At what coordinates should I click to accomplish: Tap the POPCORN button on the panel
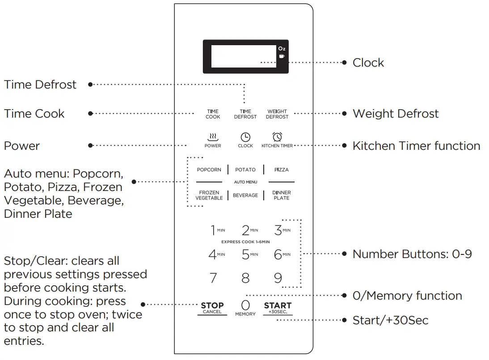coord(209,170)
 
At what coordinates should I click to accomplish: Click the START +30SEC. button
coord(278,308)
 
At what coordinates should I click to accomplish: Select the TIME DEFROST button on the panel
coord(245,114)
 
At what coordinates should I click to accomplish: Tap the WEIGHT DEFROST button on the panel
coord(277,114)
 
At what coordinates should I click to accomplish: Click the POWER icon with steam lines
coord(213,137)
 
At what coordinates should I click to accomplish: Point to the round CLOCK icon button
coord(245,137)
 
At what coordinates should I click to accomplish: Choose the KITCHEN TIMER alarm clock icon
coord(277,137)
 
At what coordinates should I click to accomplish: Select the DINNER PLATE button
coord(282,195)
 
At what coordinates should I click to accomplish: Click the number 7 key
coord(213,278)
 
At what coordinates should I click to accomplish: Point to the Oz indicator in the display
coord(282,49)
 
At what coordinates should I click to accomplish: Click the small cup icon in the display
coord(282,56)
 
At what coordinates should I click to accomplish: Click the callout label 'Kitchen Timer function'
coord(416,146)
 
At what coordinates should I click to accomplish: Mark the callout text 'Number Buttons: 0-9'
coord(412,254)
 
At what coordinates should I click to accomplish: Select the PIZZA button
coord(282,170)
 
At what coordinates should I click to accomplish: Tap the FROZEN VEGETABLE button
coord(209,195)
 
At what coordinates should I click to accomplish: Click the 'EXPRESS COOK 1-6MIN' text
coord(245,242)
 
